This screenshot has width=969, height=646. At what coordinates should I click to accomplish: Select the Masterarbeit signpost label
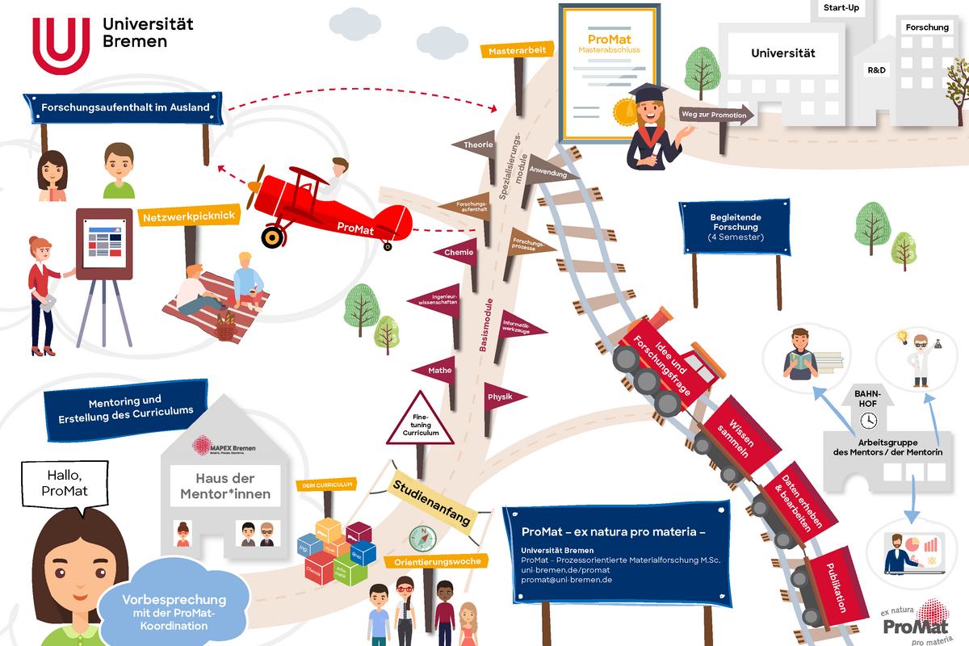click(518, 51)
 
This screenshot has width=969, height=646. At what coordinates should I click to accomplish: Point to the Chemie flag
click(457, 253)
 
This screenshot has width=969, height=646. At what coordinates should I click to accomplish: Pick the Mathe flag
click(438, 371)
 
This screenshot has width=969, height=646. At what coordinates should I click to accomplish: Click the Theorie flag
click(476, 145)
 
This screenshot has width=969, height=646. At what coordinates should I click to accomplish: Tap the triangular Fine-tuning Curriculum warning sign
click(421, 421)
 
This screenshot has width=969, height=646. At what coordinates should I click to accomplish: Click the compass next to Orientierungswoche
click(422, 538)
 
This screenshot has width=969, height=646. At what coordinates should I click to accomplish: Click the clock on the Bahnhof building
click(869, 420)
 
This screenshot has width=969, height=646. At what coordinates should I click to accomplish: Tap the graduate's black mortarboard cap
click(648, 94)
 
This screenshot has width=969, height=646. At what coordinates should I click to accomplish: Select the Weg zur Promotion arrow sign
click(715, 115)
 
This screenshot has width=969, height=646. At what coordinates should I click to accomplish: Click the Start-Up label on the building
click(840, 8)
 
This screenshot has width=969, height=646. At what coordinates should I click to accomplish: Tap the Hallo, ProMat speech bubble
click(64, 483)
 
